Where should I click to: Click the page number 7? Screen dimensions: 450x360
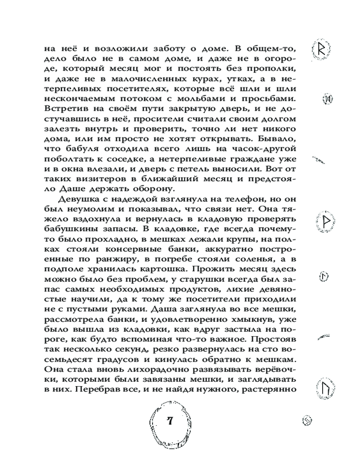(x=170, y=421)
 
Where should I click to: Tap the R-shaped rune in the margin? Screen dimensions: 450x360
(x=321, y=49)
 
